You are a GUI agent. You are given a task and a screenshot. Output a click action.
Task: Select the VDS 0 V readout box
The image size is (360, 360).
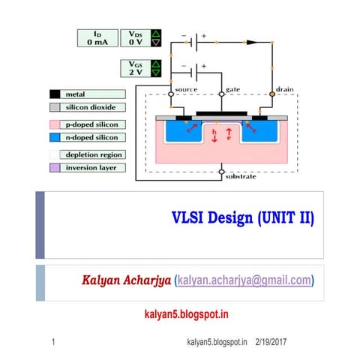135,38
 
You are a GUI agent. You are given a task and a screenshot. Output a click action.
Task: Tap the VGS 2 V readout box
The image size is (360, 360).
135,68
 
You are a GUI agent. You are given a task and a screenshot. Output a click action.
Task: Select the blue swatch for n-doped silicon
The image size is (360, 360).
55,137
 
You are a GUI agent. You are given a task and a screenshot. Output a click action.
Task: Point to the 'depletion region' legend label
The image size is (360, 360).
94,154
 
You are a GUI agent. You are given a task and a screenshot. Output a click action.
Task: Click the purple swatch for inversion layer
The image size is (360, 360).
55,167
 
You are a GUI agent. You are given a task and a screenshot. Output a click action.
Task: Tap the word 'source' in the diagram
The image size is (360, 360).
185,90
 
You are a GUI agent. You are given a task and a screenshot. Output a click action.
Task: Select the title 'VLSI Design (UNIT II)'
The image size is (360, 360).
243,218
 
